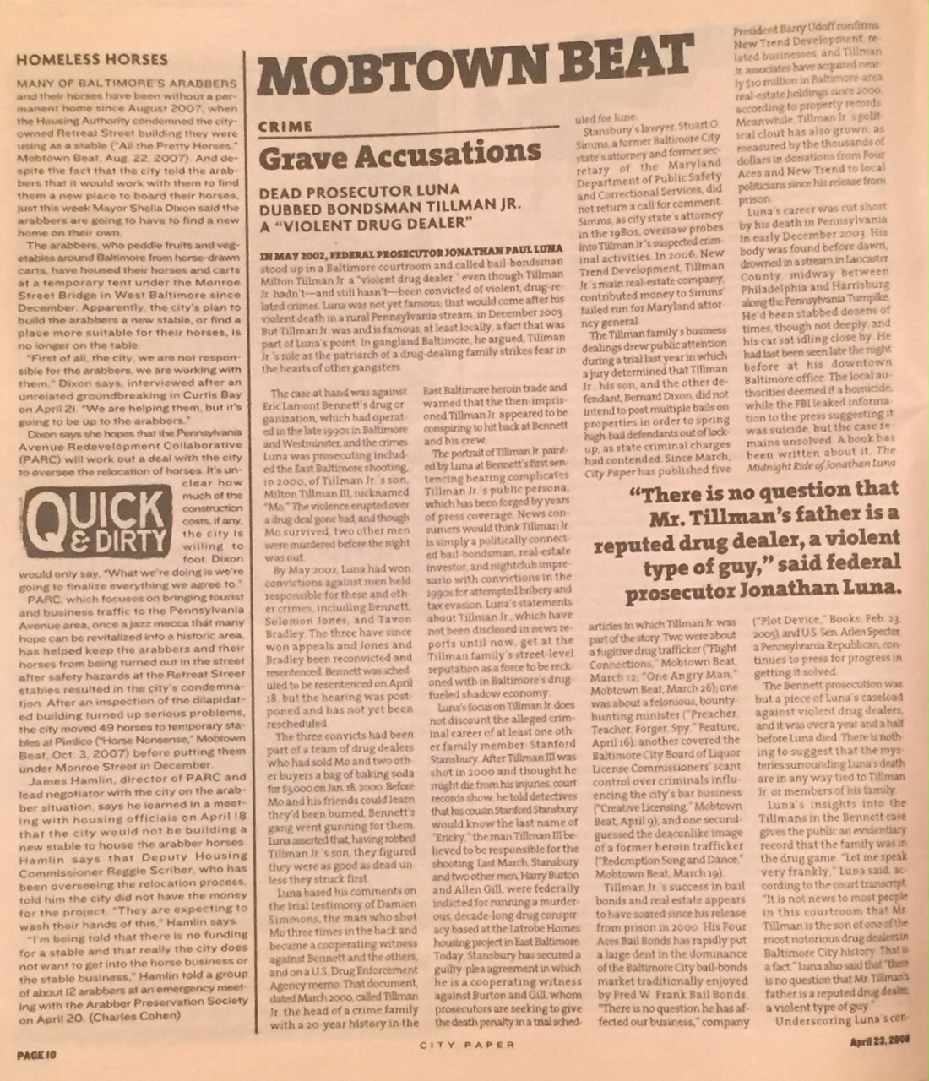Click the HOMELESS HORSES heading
[x=92, y=59]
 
